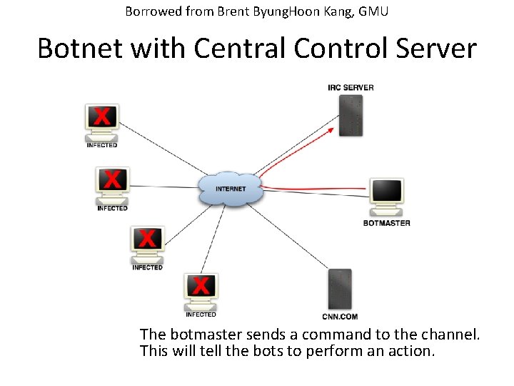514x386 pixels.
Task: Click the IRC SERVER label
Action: tap(351, 87)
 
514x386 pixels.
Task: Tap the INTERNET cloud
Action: tap(230, 189)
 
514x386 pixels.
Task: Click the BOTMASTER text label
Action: tap(386, 223)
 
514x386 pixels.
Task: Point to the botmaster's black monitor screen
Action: tap(386, 192)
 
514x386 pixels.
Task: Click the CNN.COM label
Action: tap(340, 316)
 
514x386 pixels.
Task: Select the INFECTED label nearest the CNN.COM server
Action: tap(201, 315)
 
